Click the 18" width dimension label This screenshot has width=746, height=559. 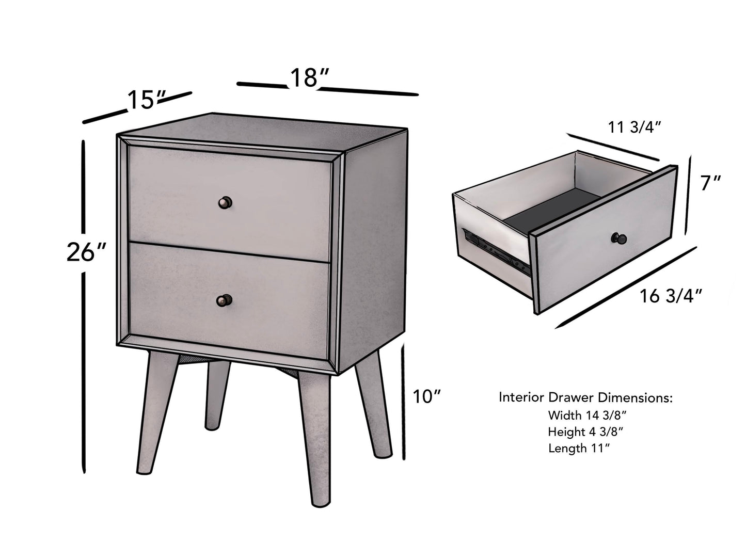click(309, 78)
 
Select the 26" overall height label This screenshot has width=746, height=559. click(86, 253)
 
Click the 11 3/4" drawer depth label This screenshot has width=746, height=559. click(634, 127)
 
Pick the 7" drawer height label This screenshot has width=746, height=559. click(711, 183)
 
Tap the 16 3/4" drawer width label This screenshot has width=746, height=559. click(671, 296)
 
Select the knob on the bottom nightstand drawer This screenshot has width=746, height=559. click(225, 300)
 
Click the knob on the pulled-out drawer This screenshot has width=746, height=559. click(619, 238)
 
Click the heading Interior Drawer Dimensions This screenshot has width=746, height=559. click(585, 397)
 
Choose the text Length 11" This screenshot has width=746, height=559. click(579, 449)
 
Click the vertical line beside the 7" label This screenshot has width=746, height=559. click(689, 196)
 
